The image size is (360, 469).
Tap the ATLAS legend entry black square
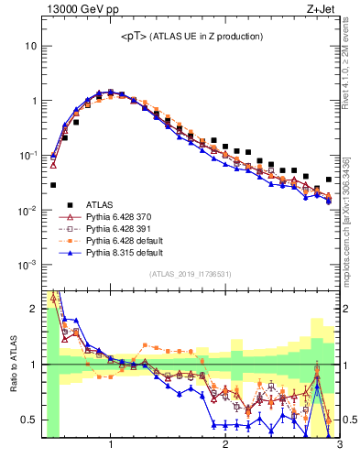pyautogui.click(x=69, y=204)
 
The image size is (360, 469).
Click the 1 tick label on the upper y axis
pyautogui.click(x=35, y=101)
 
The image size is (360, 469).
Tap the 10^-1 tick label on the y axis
pyautogui.click(x=29, y=155)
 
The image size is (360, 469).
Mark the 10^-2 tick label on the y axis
pyautogui.click(x=29, y=210)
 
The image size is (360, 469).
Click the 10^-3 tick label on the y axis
pyautogui.click(x=29, y=265)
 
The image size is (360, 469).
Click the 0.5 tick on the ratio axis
pyautogui.click(x=30, y=420)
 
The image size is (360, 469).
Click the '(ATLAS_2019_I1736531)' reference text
pyautogui.click(x=191, y=274)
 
